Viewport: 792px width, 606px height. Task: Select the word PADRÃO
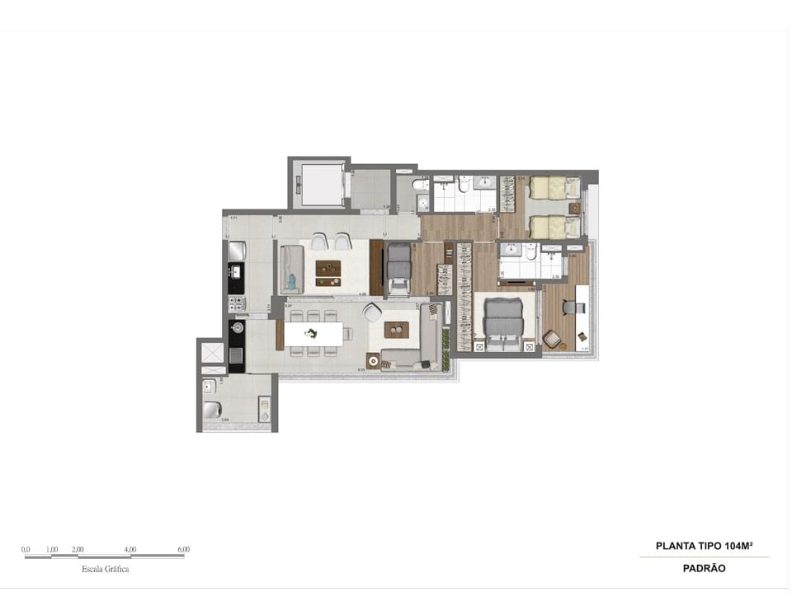tap(704, 568)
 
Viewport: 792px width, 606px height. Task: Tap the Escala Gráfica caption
tap(105, 569)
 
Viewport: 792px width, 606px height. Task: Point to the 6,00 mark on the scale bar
tap(183, 550)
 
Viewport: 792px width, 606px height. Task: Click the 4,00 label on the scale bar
tap(130, 550)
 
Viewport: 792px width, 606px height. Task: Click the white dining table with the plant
tap(314, 334)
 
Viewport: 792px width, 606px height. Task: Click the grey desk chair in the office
tap(571, 307)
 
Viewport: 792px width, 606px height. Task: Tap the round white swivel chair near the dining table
tap(372, 312)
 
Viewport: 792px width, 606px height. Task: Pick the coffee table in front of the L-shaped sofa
tap(397, 330)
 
